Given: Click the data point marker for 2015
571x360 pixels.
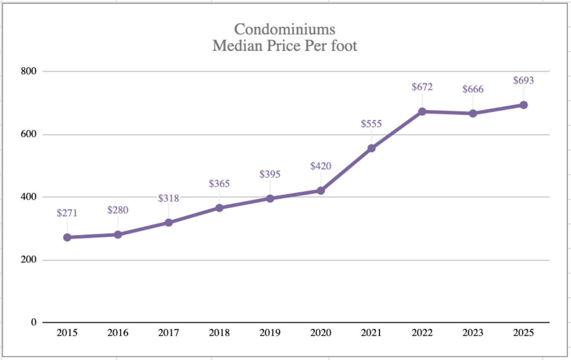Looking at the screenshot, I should [67, 237].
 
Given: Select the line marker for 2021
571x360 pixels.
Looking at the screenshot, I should [371, 148].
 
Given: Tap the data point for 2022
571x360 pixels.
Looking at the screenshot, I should [422, 111].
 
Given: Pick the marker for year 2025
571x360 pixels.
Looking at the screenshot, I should [524, 105].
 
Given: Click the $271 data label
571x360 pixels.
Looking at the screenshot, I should [67, 213].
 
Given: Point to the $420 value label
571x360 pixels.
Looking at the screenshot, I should [320, 166].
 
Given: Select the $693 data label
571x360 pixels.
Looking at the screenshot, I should [524, 80].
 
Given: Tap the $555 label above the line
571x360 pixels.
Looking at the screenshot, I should [371, 124].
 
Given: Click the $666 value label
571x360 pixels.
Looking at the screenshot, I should [473, 90].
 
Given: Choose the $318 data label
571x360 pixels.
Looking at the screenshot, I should [169, 198].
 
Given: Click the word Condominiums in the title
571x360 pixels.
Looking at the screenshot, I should [285, 29].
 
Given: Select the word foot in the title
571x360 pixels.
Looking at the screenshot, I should [343, 46].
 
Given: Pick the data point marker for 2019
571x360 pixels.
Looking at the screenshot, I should [270, 198].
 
